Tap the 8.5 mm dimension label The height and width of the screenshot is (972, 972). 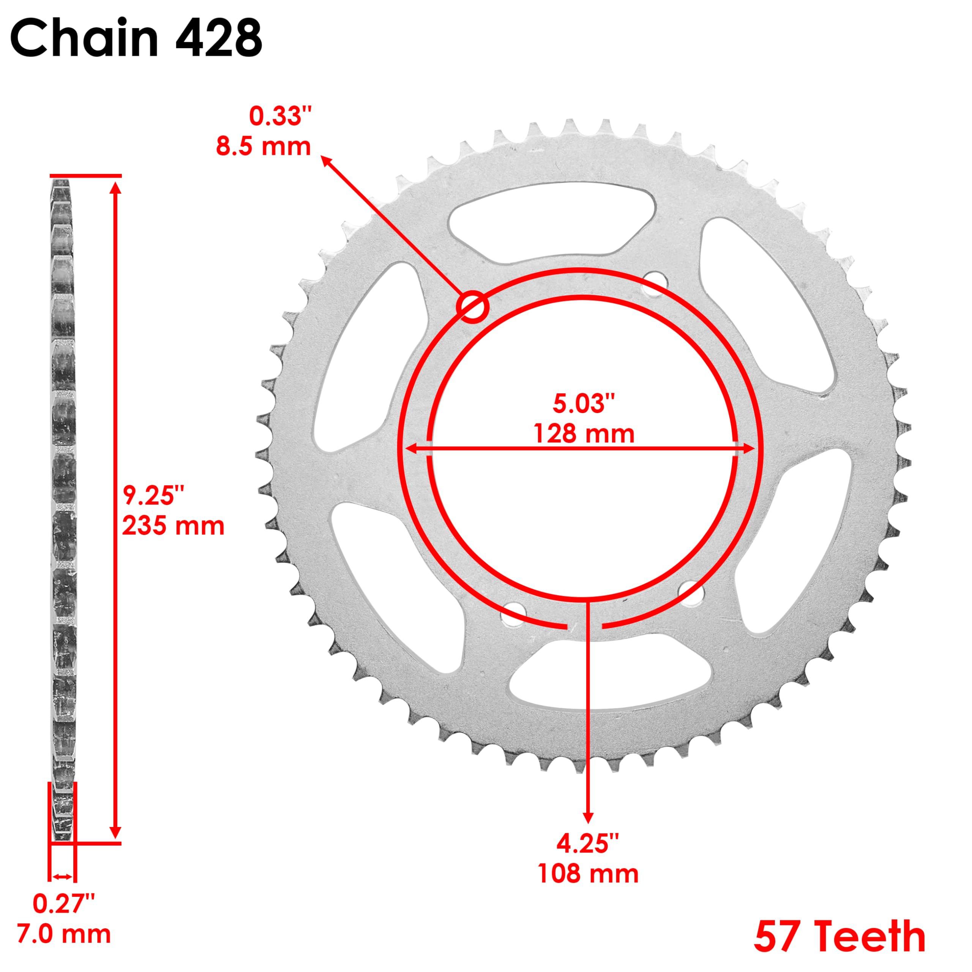pos(263,147)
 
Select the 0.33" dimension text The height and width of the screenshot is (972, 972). pos(280,117)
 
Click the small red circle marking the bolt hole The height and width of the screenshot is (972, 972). pos(472,306)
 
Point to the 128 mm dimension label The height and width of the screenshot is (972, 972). pos(584,434)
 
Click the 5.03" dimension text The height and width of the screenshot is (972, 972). pos(584,404)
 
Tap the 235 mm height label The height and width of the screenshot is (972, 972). pos(173,526)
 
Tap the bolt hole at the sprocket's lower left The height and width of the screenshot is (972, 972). pos(513,614)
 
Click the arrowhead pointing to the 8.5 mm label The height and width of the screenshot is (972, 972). pos(327,161)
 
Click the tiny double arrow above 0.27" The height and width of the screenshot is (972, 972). pos(62,877)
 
